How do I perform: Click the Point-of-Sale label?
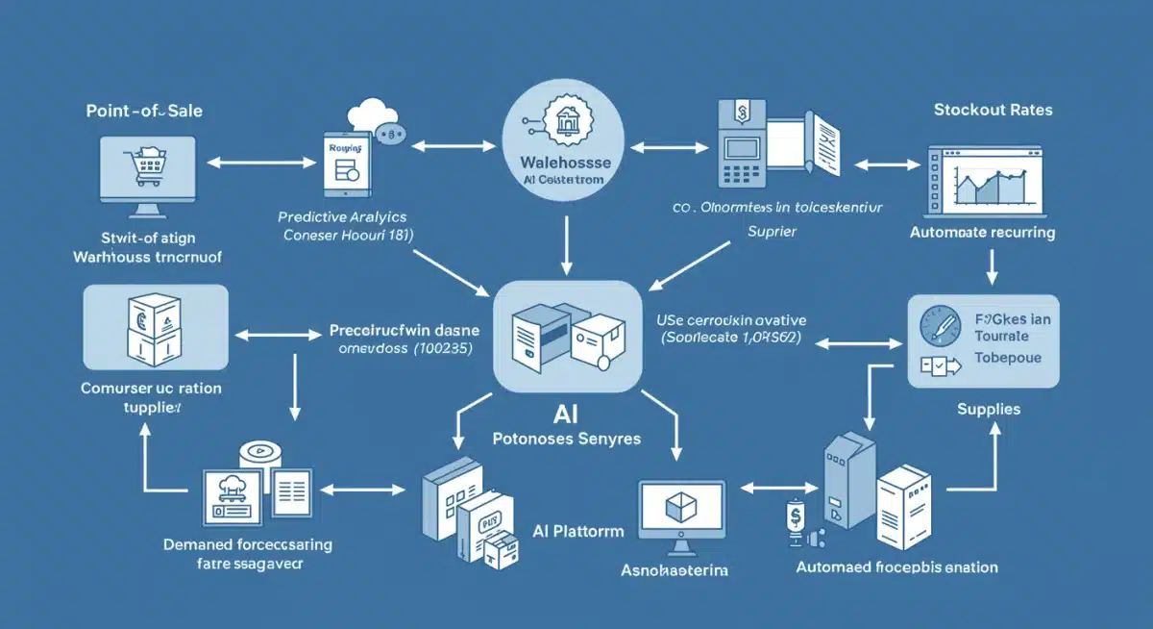pyautogui.click(x=144, y=112)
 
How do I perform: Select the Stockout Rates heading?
pyautogui.click(x=993, y=110)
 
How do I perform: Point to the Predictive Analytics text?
pyautogui.click(x=343, y=216)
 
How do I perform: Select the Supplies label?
pyautogui.click(x=989, y=410)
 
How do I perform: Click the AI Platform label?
pyautogui.click(x=577, y=531)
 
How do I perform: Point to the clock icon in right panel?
pyautogui.click(x=938, y=322)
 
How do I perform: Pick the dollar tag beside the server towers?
pyautogui.click(x=795, y=516)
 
